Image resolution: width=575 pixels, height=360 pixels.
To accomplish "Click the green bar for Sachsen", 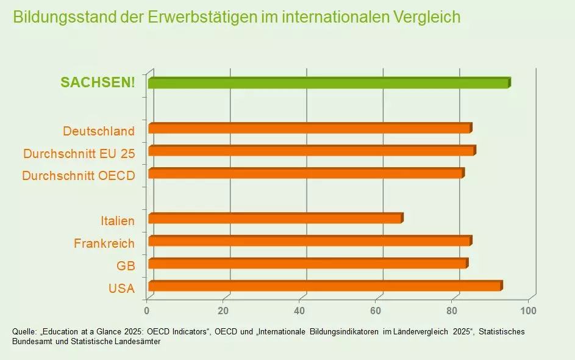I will tap(328, 83).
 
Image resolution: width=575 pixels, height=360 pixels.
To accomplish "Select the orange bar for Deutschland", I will tap(309, 128).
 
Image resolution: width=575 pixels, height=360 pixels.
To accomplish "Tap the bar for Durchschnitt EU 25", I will tap(311, 151).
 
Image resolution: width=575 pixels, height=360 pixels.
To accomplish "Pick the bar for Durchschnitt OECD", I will tap(305, 173).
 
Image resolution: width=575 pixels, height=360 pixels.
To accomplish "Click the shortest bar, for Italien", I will tap(275, 218).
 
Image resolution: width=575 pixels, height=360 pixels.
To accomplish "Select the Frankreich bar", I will tap(309, 241).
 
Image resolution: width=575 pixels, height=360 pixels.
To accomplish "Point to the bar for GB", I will tap(307, 264).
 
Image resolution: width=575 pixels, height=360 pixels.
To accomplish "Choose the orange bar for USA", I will tap(324, 286).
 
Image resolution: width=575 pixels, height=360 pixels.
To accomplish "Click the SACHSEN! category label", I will tap(98, 82).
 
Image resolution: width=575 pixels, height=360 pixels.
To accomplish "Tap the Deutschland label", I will tap(99, 131).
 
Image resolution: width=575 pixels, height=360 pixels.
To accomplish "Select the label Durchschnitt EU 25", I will tap(79, 153).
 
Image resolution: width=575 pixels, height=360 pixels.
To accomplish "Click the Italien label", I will tap(118, 221).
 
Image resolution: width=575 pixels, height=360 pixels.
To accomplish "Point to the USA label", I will tap(121, 289).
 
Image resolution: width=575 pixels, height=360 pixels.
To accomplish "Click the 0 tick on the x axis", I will tap(147, 311).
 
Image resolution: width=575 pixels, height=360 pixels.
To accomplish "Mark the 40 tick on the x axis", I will tap(300, 311).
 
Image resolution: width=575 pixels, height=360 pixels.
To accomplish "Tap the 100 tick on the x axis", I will tap(528, 311).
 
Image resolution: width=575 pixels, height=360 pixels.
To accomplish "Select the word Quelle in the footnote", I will tap(24, 331).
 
